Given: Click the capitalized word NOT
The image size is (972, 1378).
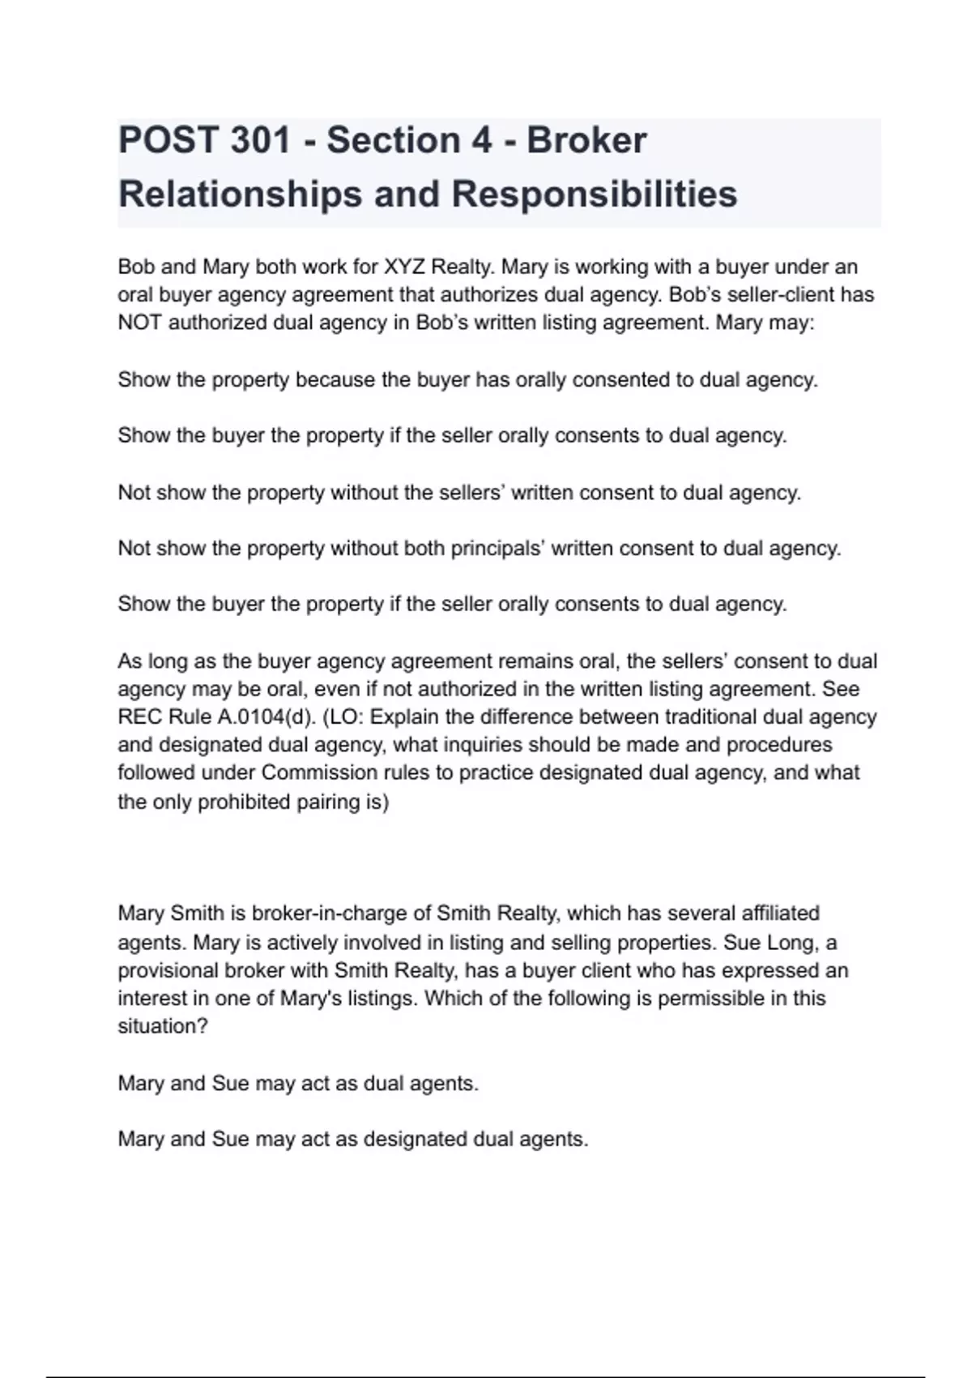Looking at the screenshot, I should (x=140, y=323).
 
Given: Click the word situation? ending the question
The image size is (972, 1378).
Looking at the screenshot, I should (x=163, y=1026).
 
